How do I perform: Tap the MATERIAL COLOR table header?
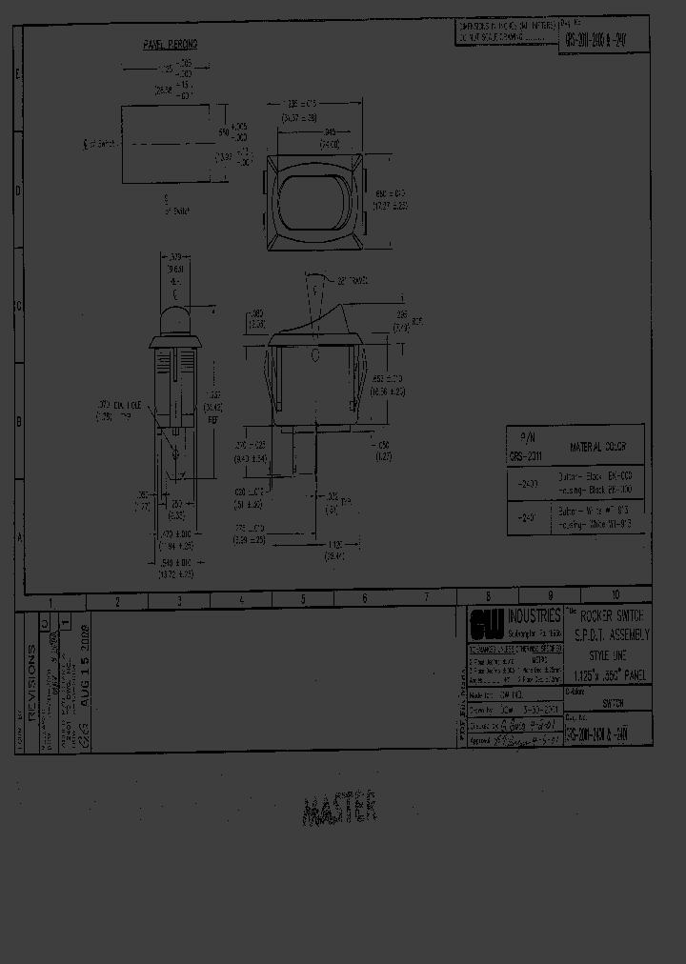pos(597,446)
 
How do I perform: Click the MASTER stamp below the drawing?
pos(340,811)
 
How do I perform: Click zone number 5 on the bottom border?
pos(303,600)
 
